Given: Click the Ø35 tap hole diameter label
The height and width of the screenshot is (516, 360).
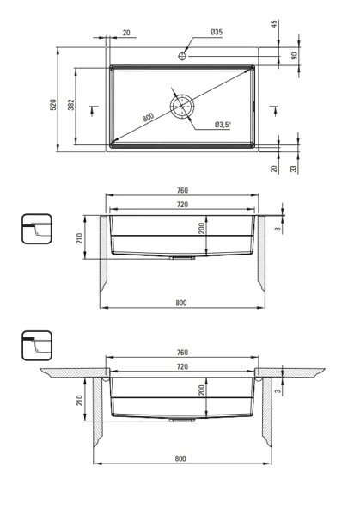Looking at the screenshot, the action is (x=217, y=32).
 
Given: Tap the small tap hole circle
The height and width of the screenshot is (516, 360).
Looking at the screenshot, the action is (x=182, y=56).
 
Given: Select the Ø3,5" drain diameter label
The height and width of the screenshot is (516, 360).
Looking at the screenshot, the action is (x=223, y=125).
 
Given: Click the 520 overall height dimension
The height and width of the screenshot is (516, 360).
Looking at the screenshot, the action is (x=53, y=105).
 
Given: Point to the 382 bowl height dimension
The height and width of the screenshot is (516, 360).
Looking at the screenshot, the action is (x=71, y=105).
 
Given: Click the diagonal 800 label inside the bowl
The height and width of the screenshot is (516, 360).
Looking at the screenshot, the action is (x=149, y=117).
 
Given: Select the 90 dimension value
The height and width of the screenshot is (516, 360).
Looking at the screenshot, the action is (x=294, y=56).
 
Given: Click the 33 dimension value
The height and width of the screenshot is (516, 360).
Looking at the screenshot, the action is (x=294, y=169).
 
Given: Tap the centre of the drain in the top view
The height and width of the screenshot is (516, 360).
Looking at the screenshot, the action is (x=182, y=107).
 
